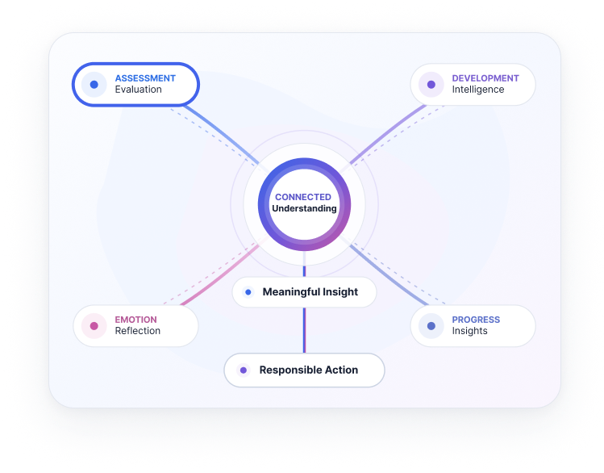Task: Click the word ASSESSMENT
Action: click(145, 78)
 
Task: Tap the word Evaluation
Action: click(138, 90)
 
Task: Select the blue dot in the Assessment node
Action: click(94, 85)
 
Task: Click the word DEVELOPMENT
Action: click(485, 78)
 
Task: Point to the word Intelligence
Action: click(478, 90)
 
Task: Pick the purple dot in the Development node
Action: click(431, 85)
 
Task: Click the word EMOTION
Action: click(136, 320)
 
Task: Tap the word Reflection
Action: click(138, 331)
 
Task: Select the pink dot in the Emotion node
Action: click(94, 326)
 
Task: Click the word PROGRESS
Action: click(476, 320)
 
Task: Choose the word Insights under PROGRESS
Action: click(469, 331)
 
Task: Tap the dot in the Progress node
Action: click(431, 326)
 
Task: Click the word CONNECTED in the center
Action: click(303, 197)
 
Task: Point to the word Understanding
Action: click(304, 208)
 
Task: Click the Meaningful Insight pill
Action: click(304, 292)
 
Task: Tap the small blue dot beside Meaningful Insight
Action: click(248, 292)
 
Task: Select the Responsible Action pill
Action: click(304, 370)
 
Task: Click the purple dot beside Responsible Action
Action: click(244, 370)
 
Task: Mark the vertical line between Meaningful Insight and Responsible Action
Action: click(304, 330)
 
